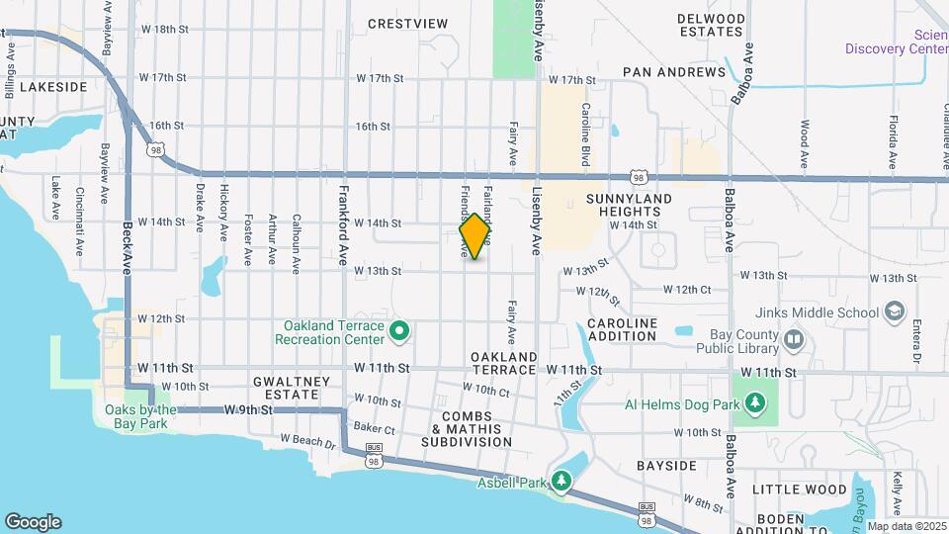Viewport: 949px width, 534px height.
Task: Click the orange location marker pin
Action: [x=475, y=236]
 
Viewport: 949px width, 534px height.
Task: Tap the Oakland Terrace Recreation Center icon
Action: [x=399, y=331]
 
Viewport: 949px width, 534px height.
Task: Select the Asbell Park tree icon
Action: [x=562, y=481]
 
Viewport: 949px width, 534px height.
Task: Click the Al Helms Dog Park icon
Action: [x=755, y=402]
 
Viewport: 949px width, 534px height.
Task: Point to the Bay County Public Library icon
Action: [x=794, y=340]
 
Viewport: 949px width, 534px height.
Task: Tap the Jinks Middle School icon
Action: [x=895, y=312]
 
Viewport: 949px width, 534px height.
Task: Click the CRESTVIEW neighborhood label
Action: [x=407, y=24]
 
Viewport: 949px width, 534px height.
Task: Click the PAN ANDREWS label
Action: [x=674, y=72]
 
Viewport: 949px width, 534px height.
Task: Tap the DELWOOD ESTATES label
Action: [x=711, y=25]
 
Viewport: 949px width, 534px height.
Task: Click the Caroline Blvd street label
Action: [x=585, y=133]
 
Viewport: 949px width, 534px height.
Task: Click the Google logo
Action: [x=33, y=522]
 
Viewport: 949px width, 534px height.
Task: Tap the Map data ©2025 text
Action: [x=906, y=526]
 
